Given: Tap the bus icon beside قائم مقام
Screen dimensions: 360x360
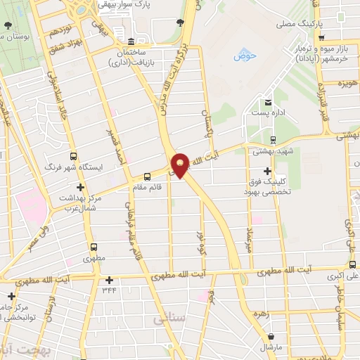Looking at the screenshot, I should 147,176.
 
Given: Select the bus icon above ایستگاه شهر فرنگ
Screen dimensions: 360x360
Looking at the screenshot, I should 73,157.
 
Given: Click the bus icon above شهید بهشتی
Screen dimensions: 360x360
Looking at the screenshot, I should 273,139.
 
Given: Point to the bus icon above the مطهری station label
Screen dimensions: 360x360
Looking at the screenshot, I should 94,247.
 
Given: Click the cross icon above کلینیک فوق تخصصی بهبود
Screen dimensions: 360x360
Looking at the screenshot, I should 267,171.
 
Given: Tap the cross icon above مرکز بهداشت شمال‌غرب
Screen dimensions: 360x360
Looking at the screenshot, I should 81,188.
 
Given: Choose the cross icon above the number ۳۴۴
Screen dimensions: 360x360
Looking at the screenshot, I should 109,279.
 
